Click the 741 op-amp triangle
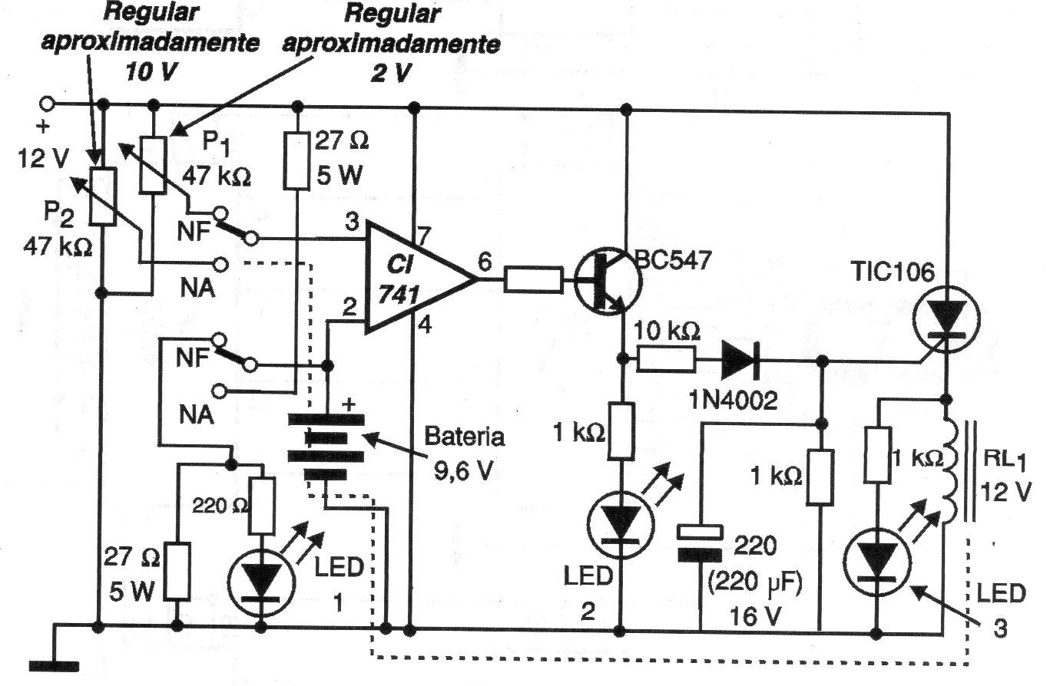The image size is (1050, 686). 411,279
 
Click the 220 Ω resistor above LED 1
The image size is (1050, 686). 262,507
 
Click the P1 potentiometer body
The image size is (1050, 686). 154,164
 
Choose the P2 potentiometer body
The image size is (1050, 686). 102,196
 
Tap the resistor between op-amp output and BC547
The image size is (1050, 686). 532,281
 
